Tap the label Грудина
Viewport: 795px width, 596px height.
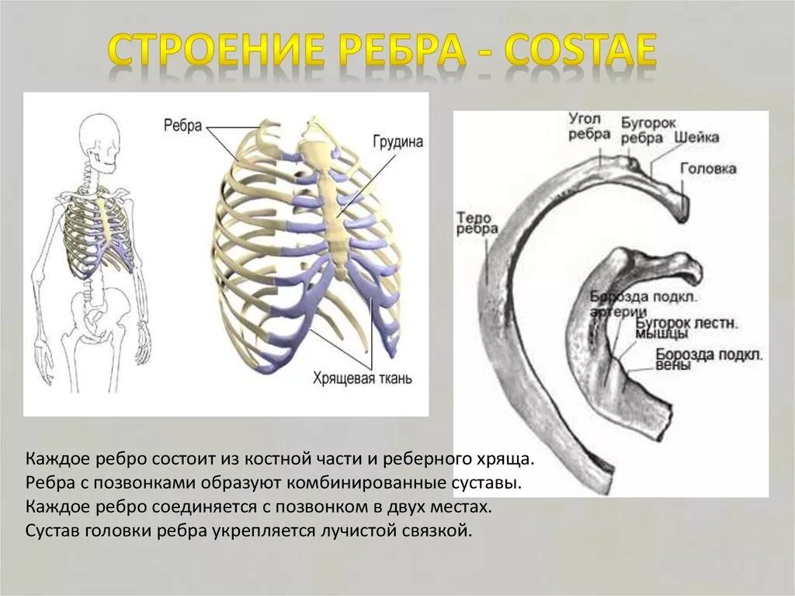[397, 143]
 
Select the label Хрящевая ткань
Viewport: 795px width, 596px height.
[362, 379]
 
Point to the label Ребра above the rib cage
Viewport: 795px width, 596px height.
[184, 125]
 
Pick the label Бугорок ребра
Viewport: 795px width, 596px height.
[642, 131]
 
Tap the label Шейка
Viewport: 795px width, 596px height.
[696, 137]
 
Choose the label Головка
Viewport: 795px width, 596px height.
[708, 168]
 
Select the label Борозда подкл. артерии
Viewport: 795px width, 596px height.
[634, 303]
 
